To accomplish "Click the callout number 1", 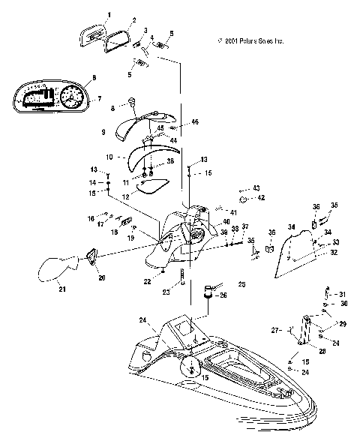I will pos(109,15).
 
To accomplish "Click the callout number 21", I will pos(62,289).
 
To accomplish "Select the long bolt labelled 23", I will pos(182,284).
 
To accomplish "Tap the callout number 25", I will pos(241,283).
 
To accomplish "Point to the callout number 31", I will pos(341,293).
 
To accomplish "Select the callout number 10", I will pos(109,157).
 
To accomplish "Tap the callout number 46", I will pos(195,121).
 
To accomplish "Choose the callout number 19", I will pos(130,237).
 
